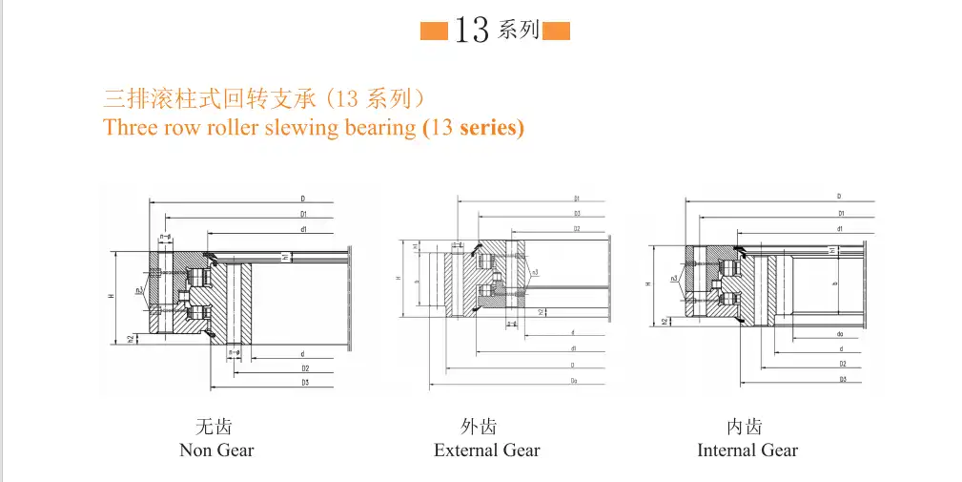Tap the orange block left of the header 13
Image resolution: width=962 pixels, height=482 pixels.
point(436,31)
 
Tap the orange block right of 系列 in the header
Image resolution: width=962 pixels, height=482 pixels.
point(556,31)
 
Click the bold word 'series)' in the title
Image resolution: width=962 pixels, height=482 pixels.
point(492,127)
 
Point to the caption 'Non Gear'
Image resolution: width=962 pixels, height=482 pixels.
point(216,450)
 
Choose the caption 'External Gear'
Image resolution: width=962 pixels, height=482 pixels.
point(486,450)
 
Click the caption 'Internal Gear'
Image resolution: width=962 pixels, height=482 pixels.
point(747,450)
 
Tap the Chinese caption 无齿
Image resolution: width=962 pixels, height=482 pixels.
point(214,426)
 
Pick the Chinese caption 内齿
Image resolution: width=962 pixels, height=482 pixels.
point(745,426)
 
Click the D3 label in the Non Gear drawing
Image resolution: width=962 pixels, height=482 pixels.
point(303,383)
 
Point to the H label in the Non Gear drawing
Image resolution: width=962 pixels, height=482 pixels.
point(112,297)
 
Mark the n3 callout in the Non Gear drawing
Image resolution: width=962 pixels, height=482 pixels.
point(139,290)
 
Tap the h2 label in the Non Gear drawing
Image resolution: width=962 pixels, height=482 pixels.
point(131,337)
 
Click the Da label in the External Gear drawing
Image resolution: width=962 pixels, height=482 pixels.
point(573,381)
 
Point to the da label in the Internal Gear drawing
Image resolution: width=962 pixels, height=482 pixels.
point(839,334)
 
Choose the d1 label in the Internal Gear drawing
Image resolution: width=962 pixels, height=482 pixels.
point(839,229)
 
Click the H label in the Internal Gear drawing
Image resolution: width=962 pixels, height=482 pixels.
point(648,283)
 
